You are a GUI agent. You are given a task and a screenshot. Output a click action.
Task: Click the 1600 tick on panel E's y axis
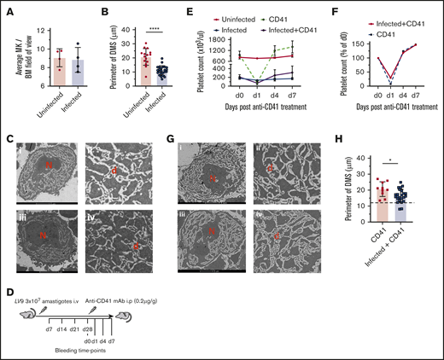point(224,40)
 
